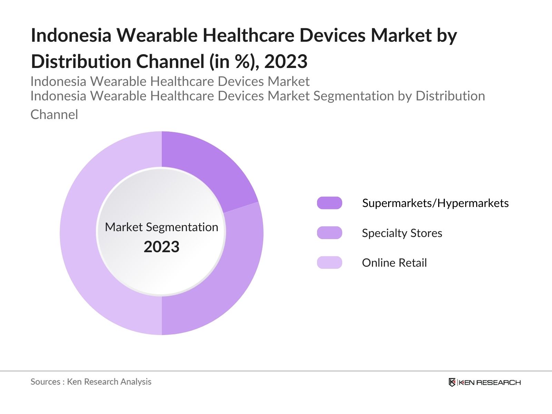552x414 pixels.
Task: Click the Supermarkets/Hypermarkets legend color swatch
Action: pyautogui.click(x=329, y=203)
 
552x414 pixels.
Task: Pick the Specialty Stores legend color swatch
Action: pyautogui.click(x=329, y=233)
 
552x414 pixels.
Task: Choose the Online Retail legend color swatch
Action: pyautogui.click(x=329, y=263)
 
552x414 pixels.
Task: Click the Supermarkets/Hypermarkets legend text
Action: pyautogui.click(x=435, y=203)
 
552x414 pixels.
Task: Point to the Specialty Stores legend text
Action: pyautogui.click(x=402, y=233)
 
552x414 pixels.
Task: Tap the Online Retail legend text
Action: pyautogui.click(x=394, y=263)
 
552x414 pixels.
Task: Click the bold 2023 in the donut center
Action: pyautogui.click(x=161, y=247)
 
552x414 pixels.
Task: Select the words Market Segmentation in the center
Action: pyautogui.click(x=161, y=227)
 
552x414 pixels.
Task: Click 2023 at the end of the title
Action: pyautogui.click(x=286, y=61)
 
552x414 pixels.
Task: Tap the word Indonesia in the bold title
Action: pyautogui.click(x=71, y=35)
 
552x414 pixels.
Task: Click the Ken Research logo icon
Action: pyautogui.click(x=452, y=382)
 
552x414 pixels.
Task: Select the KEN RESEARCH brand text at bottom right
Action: pyautogui.click(x=490, y=382)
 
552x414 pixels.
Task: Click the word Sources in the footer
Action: pyautogui.click(x=45, y=382)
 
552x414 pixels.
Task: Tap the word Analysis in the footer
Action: pyautogui.click(x=136, y=382)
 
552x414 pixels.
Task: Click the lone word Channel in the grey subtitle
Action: pyautogui.click(x=54, y=115)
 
